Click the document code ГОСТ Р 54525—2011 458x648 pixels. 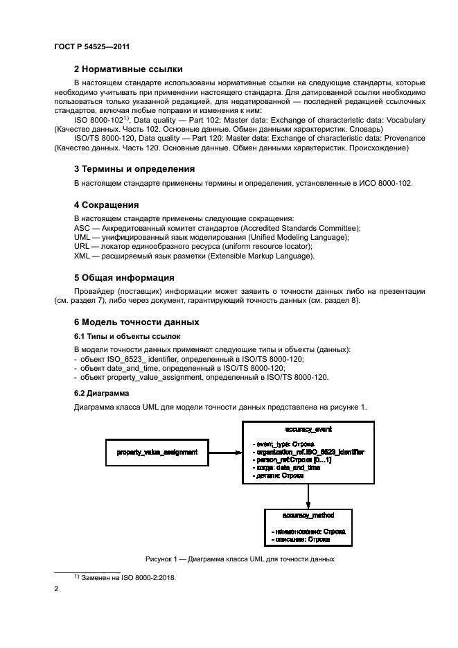click(x=92, y=46)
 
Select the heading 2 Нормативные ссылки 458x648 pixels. click(x=128, y=69)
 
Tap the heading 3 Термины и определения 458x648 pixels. click(x=134, y=168)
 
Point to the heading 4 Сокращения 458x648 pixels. click(x=107, y=205)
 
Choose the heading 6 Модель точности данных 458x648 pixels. click(x=136, y=322)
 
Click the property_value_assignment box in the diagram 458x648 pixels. click(x=157, y=452)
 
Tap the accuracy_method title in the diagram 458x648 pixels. click(x=308, y=516)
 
